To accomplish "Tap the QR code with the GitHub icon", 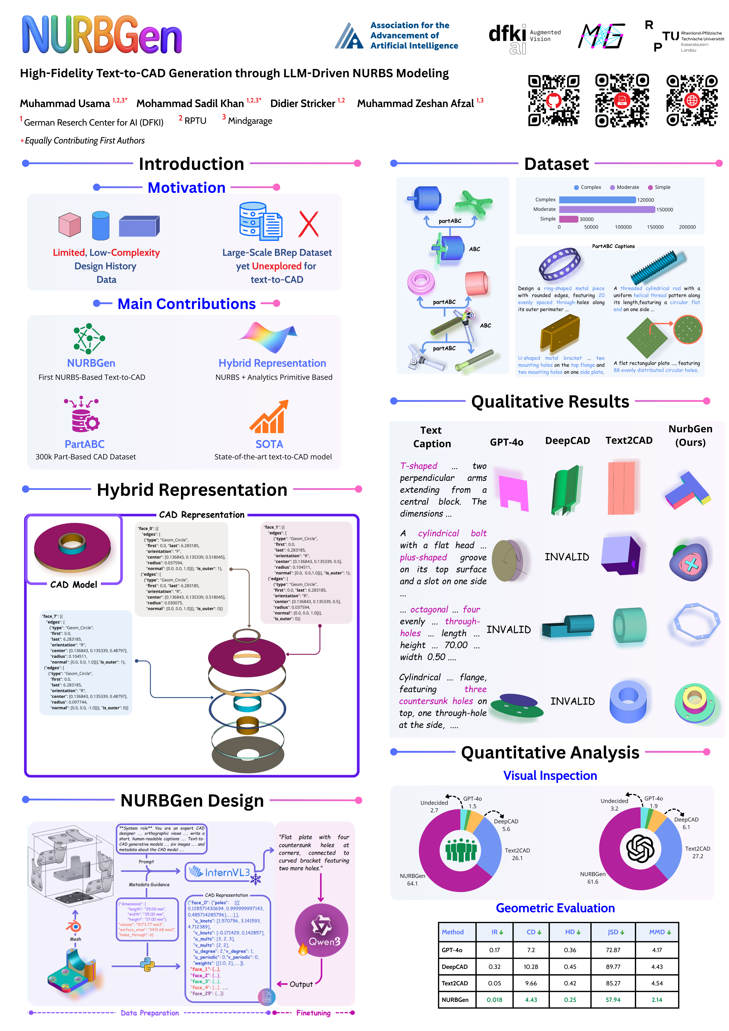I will (553, 100).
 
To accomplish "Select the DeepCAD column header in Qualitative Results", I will (567, 441).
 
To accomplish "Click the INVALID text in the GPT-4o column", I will (508, 630).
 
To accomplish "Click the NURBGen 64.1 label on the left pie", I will (412, 879).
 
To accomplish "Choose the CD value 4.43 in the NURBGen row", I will (531, 1000).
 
